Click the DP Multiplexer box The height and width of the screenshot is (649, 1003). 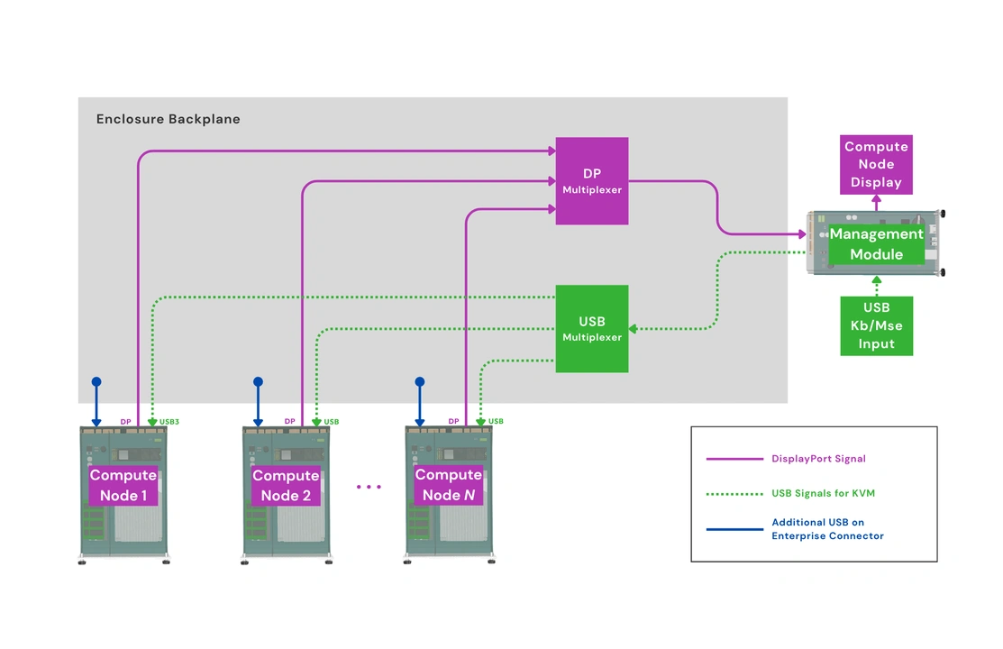tap(591, 181)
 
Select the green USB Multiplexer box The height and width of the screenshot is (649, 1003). tap(591, 329)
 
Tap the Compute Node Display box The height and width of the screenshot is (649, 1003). tap(876, 164)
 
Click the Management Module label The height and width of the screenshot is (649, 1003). tap(876, 244)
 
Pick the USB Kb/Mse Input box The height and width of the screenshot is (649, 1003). tap(876, 325)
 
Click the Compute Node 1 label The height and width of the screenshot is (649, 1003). tap(123, 485)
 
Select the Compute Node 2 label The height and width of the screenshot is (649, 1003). tap(286, 485)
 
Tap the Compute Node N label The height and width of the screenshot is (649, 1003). tap(448, 485)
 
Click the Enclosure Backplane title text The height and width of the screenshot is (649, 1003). tap(169, 119)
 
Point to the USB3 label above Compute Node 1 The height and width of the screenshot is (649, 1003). tap(169, 421)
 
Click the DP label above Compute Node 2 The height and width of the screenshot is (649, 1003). tap(289, 421)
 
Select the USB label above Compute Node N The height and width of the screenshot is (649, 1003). tap(496, 421)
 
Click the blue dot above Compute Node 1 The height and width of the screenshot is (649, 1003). tap(96, 382)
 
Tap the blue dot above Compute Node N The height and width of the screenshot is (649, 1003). tap(419, 382)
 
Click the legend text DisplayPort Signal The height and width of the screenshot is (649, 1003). tap(818, 459)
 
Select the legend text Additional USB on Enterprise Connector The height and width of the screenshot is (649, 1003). tap(827, 529)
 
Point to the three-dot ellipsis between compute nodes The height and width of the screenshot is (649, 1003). tap(369, 487)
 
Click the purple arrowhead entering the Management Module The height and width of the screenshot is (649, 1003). tap(801, 234)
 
